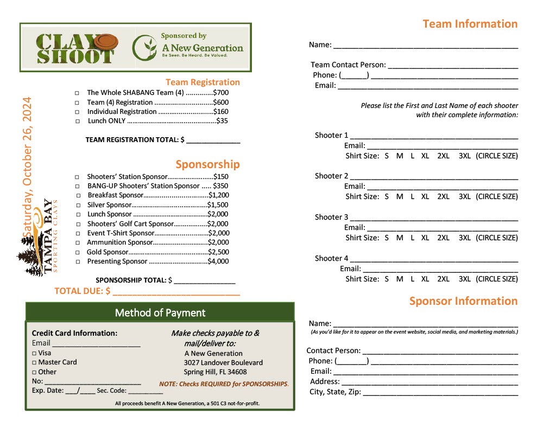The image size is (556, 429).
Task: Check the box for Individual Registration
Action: click(78, 112)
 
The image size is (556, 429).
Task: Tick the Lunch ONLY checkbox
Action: click(78, 121)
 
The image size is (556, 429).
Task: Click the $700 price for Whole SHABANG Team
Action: click(220, 93)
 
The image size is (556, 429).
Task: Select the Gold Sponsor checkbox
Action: click(78, 253)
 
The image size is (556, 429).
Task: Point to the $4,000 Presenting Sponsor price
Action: click(218, 261)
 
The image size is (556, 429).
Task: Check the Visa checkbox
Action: click(34, 353)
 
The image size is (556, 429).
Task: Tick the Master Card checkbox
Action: click(34, 363)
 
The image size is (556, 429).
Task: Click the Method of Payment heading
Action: click(160, 313)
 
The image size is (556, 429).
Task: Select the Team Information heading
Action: click(470, 24)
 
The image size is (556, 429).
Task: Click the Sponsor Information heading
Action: click(463, 301)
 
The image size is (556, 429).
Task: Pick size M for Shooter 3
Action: click(400, 238)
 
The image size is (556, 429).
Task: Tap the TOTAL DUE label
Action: click(79, 291)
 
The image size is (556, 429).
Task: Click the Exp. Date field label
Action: click(47, 390)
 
